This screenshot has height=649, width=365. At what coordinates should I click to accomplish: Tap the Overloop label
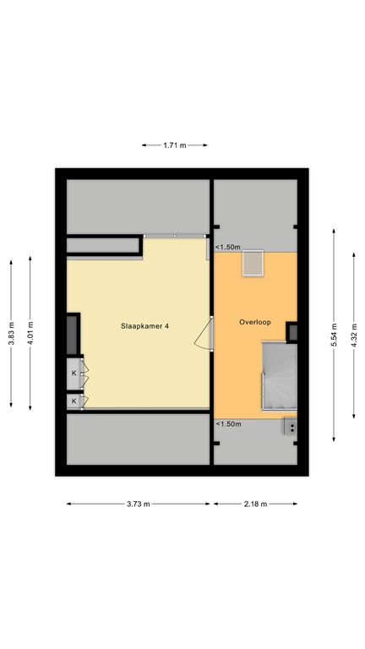tap(253, 322)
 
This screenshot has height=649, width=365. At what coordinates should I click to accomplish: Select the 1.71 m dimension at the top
tap(174, 145)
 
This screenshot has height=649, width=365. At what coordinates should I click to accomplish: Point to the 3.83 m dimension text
tap(11, 332)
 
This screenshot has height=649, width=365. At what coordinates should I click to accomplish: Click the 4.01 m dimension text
tap(30, 332)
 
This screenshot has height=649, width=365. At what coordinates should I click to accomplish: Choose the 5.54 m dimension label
tap(335, 333)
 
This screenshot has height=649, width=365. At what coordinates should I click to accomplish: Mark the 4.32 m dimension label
tap(354, 333)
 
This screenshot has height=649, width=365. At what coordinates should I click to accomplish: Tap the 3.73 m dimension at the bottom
tap(139, 504)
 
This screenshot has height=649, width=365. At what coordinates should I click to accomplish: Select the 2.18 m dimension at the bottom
tap(254, 504)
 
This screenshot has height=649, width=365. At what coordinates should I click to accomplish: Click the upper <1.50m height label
tap(227, 248)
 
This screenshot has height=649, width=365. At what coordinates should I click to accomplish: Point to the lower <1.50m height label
tap(227, 424)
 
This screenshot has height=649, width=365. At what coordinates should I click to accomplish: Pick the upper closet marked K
tap(74, 373)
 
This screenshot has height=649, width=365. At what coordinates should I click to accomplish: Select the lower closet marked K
tap(74, 401)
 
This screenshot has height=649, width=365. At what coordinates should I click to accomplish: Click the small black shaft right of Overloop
tap(292, 332)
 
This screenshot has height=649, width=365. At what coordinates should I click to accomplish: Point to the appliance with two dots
tap(291, 427)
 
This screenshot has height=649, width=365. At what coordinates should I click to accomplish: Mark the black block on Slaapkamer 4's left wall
tap(74, 335)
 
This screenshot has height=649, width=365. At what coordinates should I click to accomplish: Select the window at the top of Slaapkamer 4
tap(175, 236)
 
